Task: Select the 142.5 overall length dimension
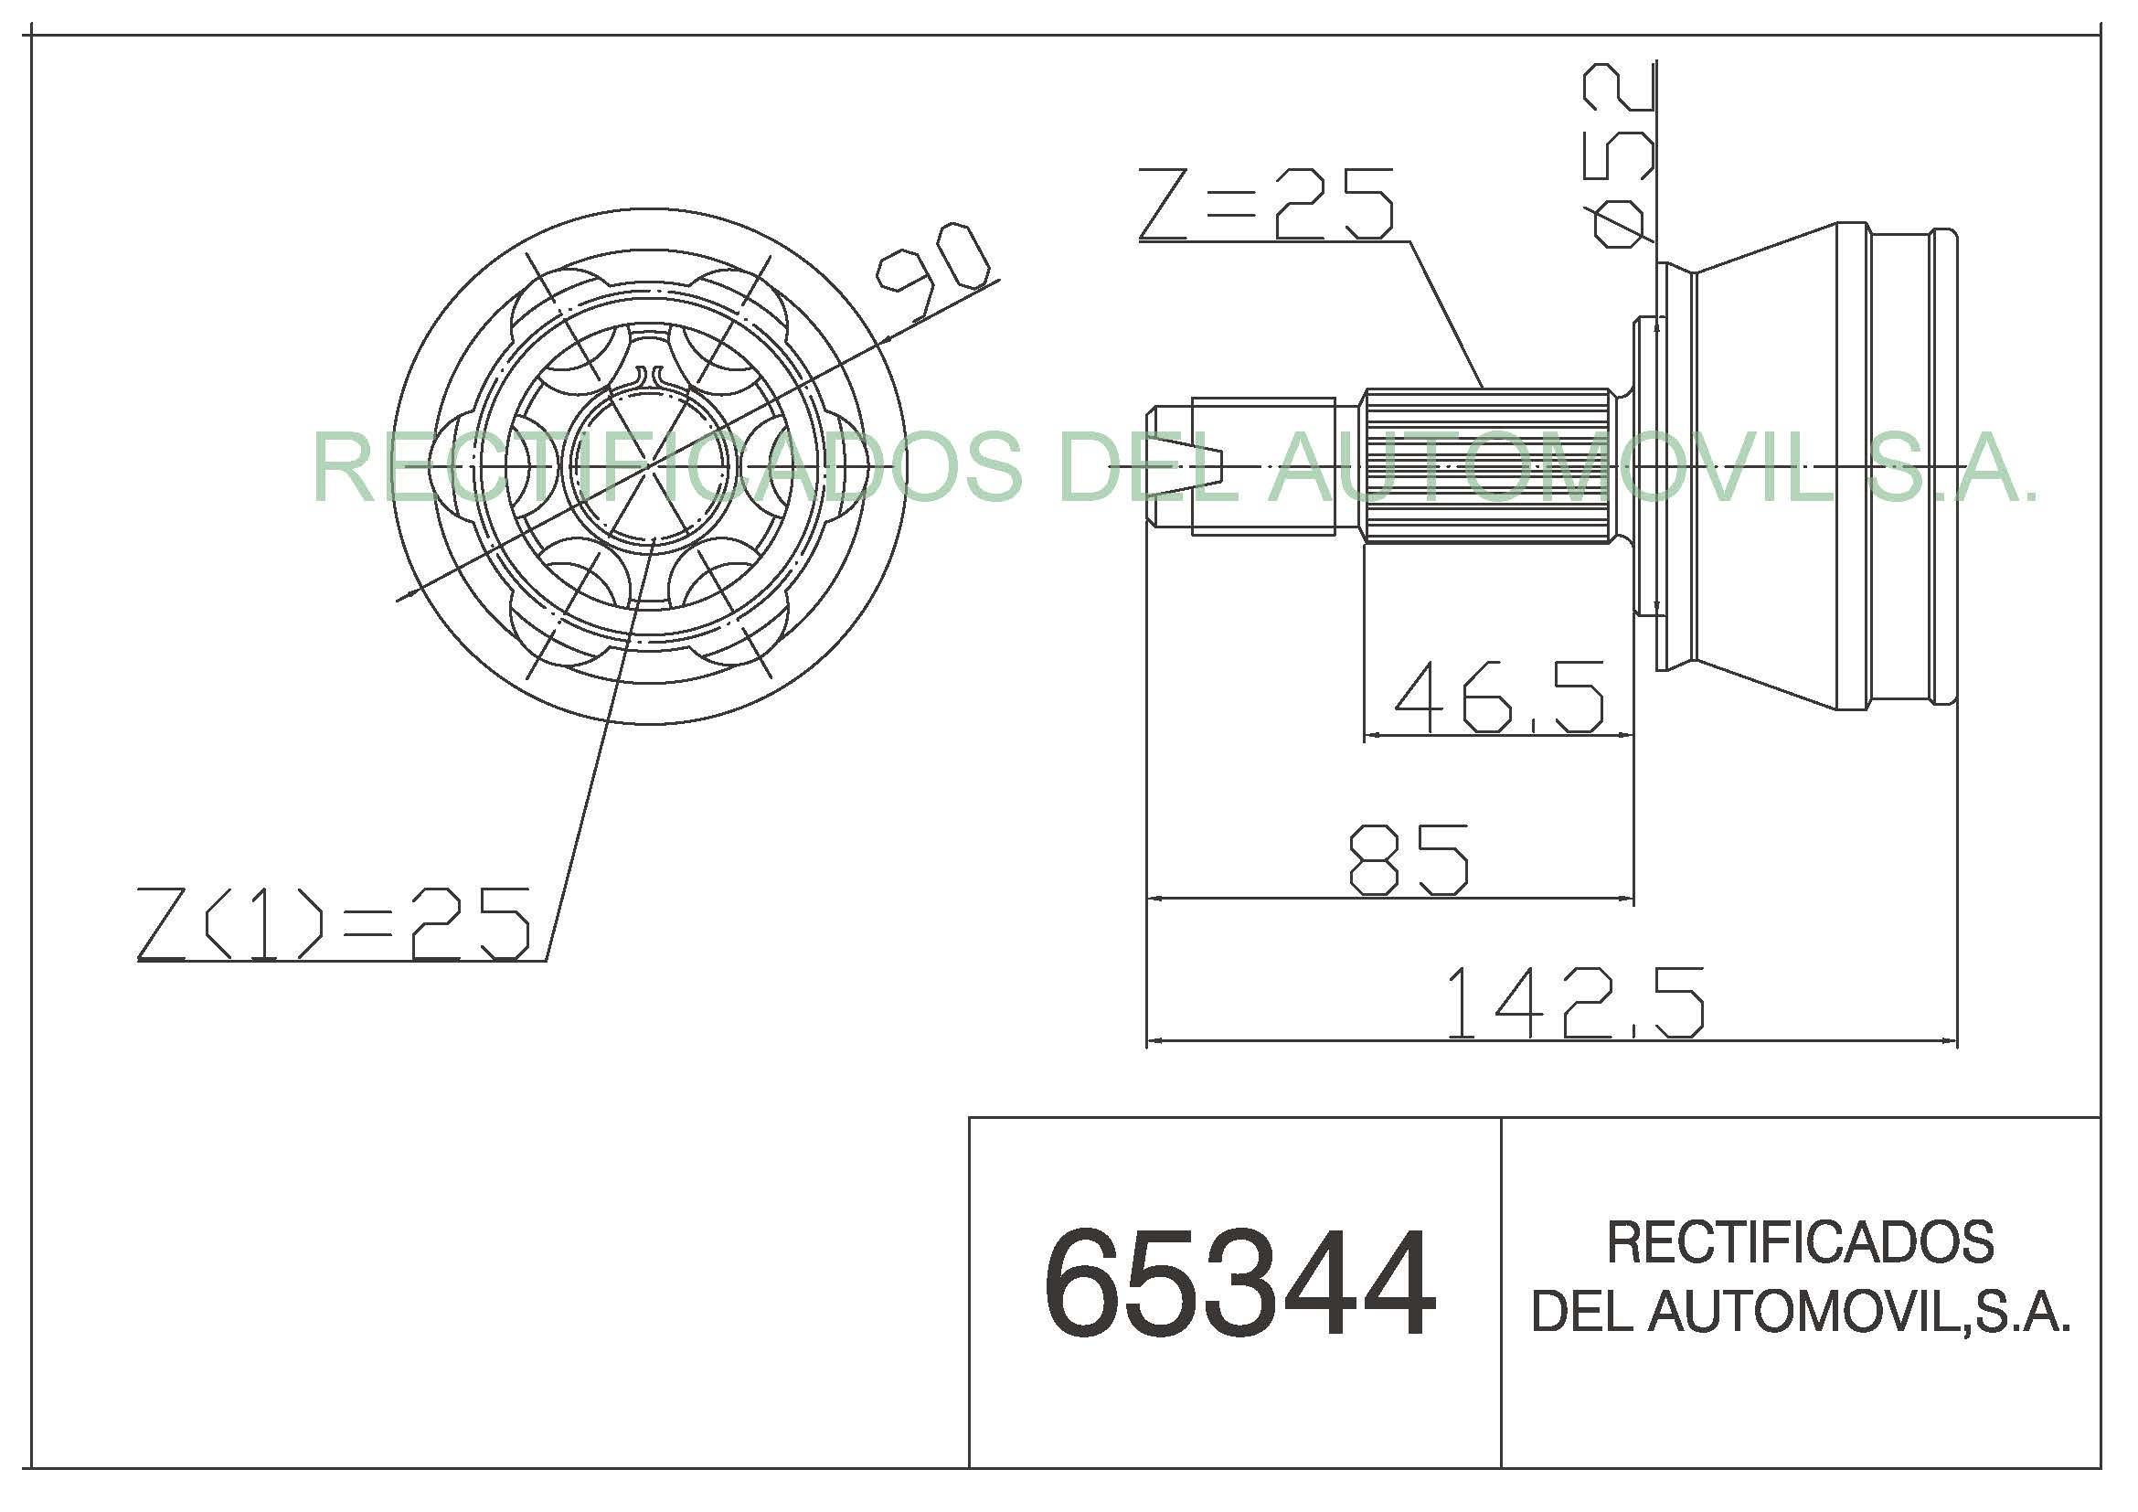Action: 1576,1003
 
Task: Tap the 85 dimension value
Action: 1409,859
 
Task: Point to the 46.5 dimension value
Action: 1499,696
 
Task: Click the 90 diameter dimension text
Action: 931,271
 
